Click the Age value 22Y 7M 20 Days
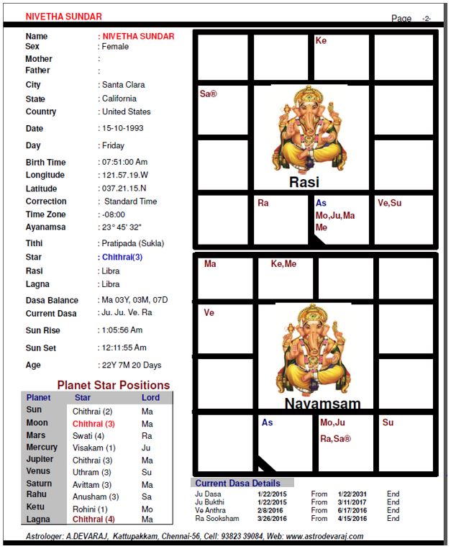point(132,366)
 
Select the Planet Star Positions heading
point(114,385)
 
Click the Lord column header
point(150,398)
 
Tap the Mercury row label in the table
point(42,448)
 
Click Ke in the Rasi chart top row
point(321,41)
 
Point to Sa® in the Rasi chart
point(208,94)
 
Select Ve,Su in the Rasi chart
point(390,203)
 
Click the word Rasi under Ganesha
point(304,183)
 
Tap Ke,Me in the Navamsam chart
point(283,264)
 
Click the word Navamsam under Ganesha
point(322,404)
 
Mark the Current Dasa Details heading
point(237,484)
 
